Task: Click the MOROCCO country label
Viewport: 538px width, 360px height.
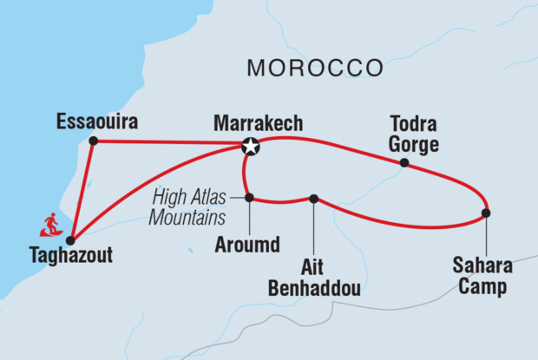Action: tap(315, 68)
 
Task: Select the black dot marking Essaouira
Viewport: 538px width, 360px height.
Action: tap(93, 141)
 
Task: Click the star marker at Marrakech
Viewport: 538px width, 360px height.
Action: tap(251, 147)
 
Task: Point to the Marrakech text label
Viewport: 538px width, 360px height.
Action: tap(259, 123)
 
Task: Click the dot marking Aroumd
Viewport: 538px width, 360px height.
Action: tap(249, 198)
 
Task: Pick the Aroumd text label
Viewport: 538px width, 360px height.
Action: tap(246, 245)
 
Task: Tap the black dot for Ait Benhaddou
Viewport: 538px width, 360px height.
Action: tap(314, 199)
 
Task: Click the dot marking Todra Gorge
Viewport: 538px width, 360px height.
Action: tap(404, 162)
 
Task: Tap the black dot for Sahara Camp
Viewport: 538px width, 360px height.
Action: tap(486, 213)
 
